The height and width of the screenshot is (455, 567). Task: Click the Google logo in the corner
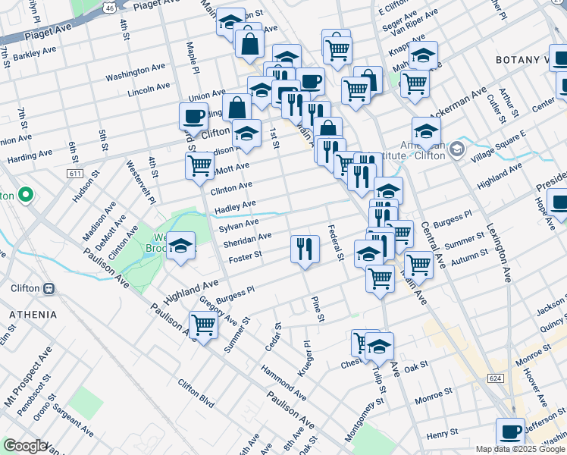tap(25, 446)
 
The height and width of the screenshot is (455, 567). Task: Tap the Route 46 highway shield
tap(110, 7)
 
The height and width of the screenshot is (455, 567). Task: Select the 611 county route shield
tap(74, 174)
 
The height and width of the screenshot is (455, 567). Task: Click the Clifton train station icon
tap(49, 288)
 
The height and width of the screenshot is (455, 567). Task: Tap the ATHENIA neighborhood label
tap(33, 314)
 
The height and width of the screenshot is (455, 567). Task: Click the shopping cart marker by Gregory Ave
tap(203, 325)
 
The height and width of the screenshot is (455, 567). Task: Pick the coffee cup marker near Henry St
tap(511, 431)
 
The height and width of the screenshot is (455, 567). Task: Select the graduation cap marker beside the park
tap(180, 246)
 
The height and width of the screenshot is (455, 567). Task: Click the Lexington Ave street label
tap(499, 244)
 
